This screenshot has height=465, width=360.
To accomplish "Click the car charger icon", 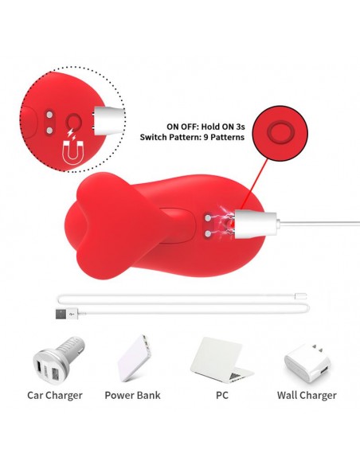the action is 59,360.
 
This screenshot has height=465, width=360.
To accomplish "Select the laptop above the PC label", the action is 221,359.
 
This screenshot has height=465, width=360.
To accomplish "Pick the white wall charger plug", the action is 307,363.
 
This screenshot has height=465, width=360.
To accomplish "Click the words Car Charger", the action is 55,395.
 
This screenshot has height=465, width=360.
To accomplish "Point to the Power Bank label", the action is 132,395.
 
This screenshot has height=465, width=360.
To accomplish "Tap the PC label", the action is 222,395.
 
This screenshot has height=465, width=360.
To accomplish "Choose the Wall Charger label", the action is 307,395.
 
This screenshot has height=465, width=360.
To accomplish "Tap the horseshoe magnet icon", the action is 73,153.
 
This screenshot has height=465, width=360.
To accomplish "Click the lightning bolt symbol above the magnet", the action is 72,134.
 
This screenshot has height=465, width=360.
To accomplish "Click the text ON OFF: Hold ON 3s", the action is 205,127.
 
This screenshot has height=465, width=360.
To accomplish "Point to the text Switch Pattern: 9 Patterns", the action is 192,137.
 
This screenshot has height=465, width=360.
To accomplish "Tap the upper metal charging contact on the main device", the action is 208,218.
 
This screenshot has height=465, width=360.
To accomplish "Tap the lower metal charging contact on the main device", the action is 208,234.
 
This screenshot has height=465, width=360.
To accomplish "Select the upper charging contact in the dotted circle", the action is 49,115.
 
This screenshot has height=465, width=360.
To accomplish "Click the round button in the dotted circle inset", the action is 73,122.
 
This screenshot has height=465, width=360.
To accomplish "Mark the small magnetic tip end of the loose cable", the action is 301,296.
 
